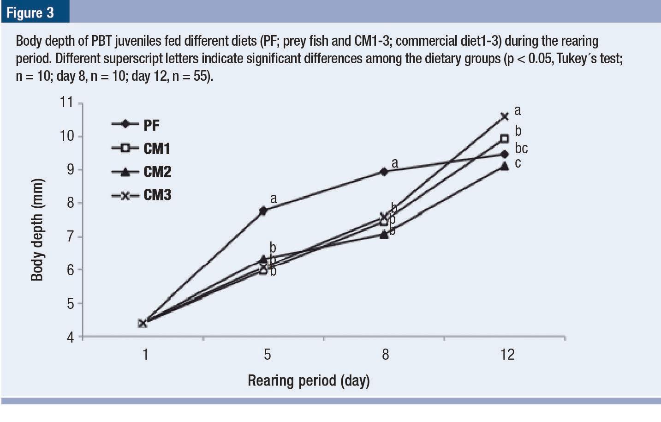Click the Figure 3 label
(30, 12)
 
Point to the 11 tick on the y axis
(67, 102)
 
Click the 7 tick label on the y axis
(70, 237)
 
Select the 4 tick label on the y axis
(70, 338)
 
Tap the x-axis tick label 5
(267, 355)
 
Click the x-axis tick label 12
(507, 355)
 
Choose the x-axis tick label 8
(385, 355)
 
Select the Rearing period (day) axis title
(309, 381)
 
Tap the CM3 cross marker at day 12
(505, 116)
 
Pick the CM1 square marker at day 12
(505, 139)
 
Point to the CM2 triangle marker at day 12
(505, 166)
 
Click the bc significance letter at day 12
(521, 149)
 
